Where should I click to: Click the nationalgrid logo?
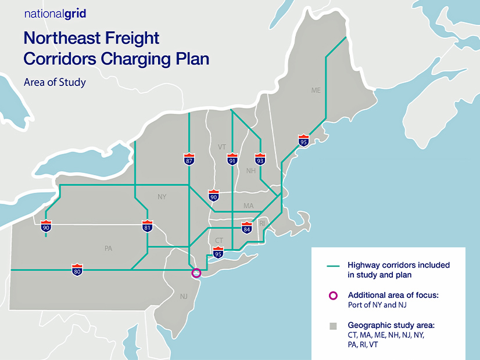pyautogui.click(x=55, y=14)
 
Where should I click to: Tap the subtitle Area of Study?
pyautogui.click(x=55, y=82)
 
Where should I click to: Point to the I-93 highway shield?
pyautogui.click(x=260, y=160)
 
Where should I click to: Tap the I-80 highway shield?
pyautogui.click(x=77, y=269)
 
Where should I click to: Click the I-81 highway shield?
pyautogui.click(x=148, y=226)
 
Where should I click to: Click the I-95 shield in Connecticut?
pyautogui.click(x=218, y=251)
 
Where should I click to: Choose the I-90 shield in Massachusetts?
pyautogui.click(x=214, y=196)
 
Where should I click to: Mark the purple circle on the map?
pyautogui.click(x=196, y=272)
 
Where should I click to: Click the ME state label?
pyautogui.click(x=316, y=91)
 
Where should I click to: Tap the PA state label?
pyautogui.click(x=108, y=249)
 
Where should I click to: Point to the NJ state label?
pyautogui.click(x=184, y=297)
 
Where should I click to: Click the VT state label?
pyautogui.click(x=222, y=147)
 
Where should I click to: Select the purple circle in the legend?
pyautogui.click(x=333, y=296)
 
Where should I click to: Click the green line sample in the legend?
pyautogui.click(x=333, y=266)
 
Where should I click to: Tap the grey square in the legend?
pyautogui.click(x=333, y=326)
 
